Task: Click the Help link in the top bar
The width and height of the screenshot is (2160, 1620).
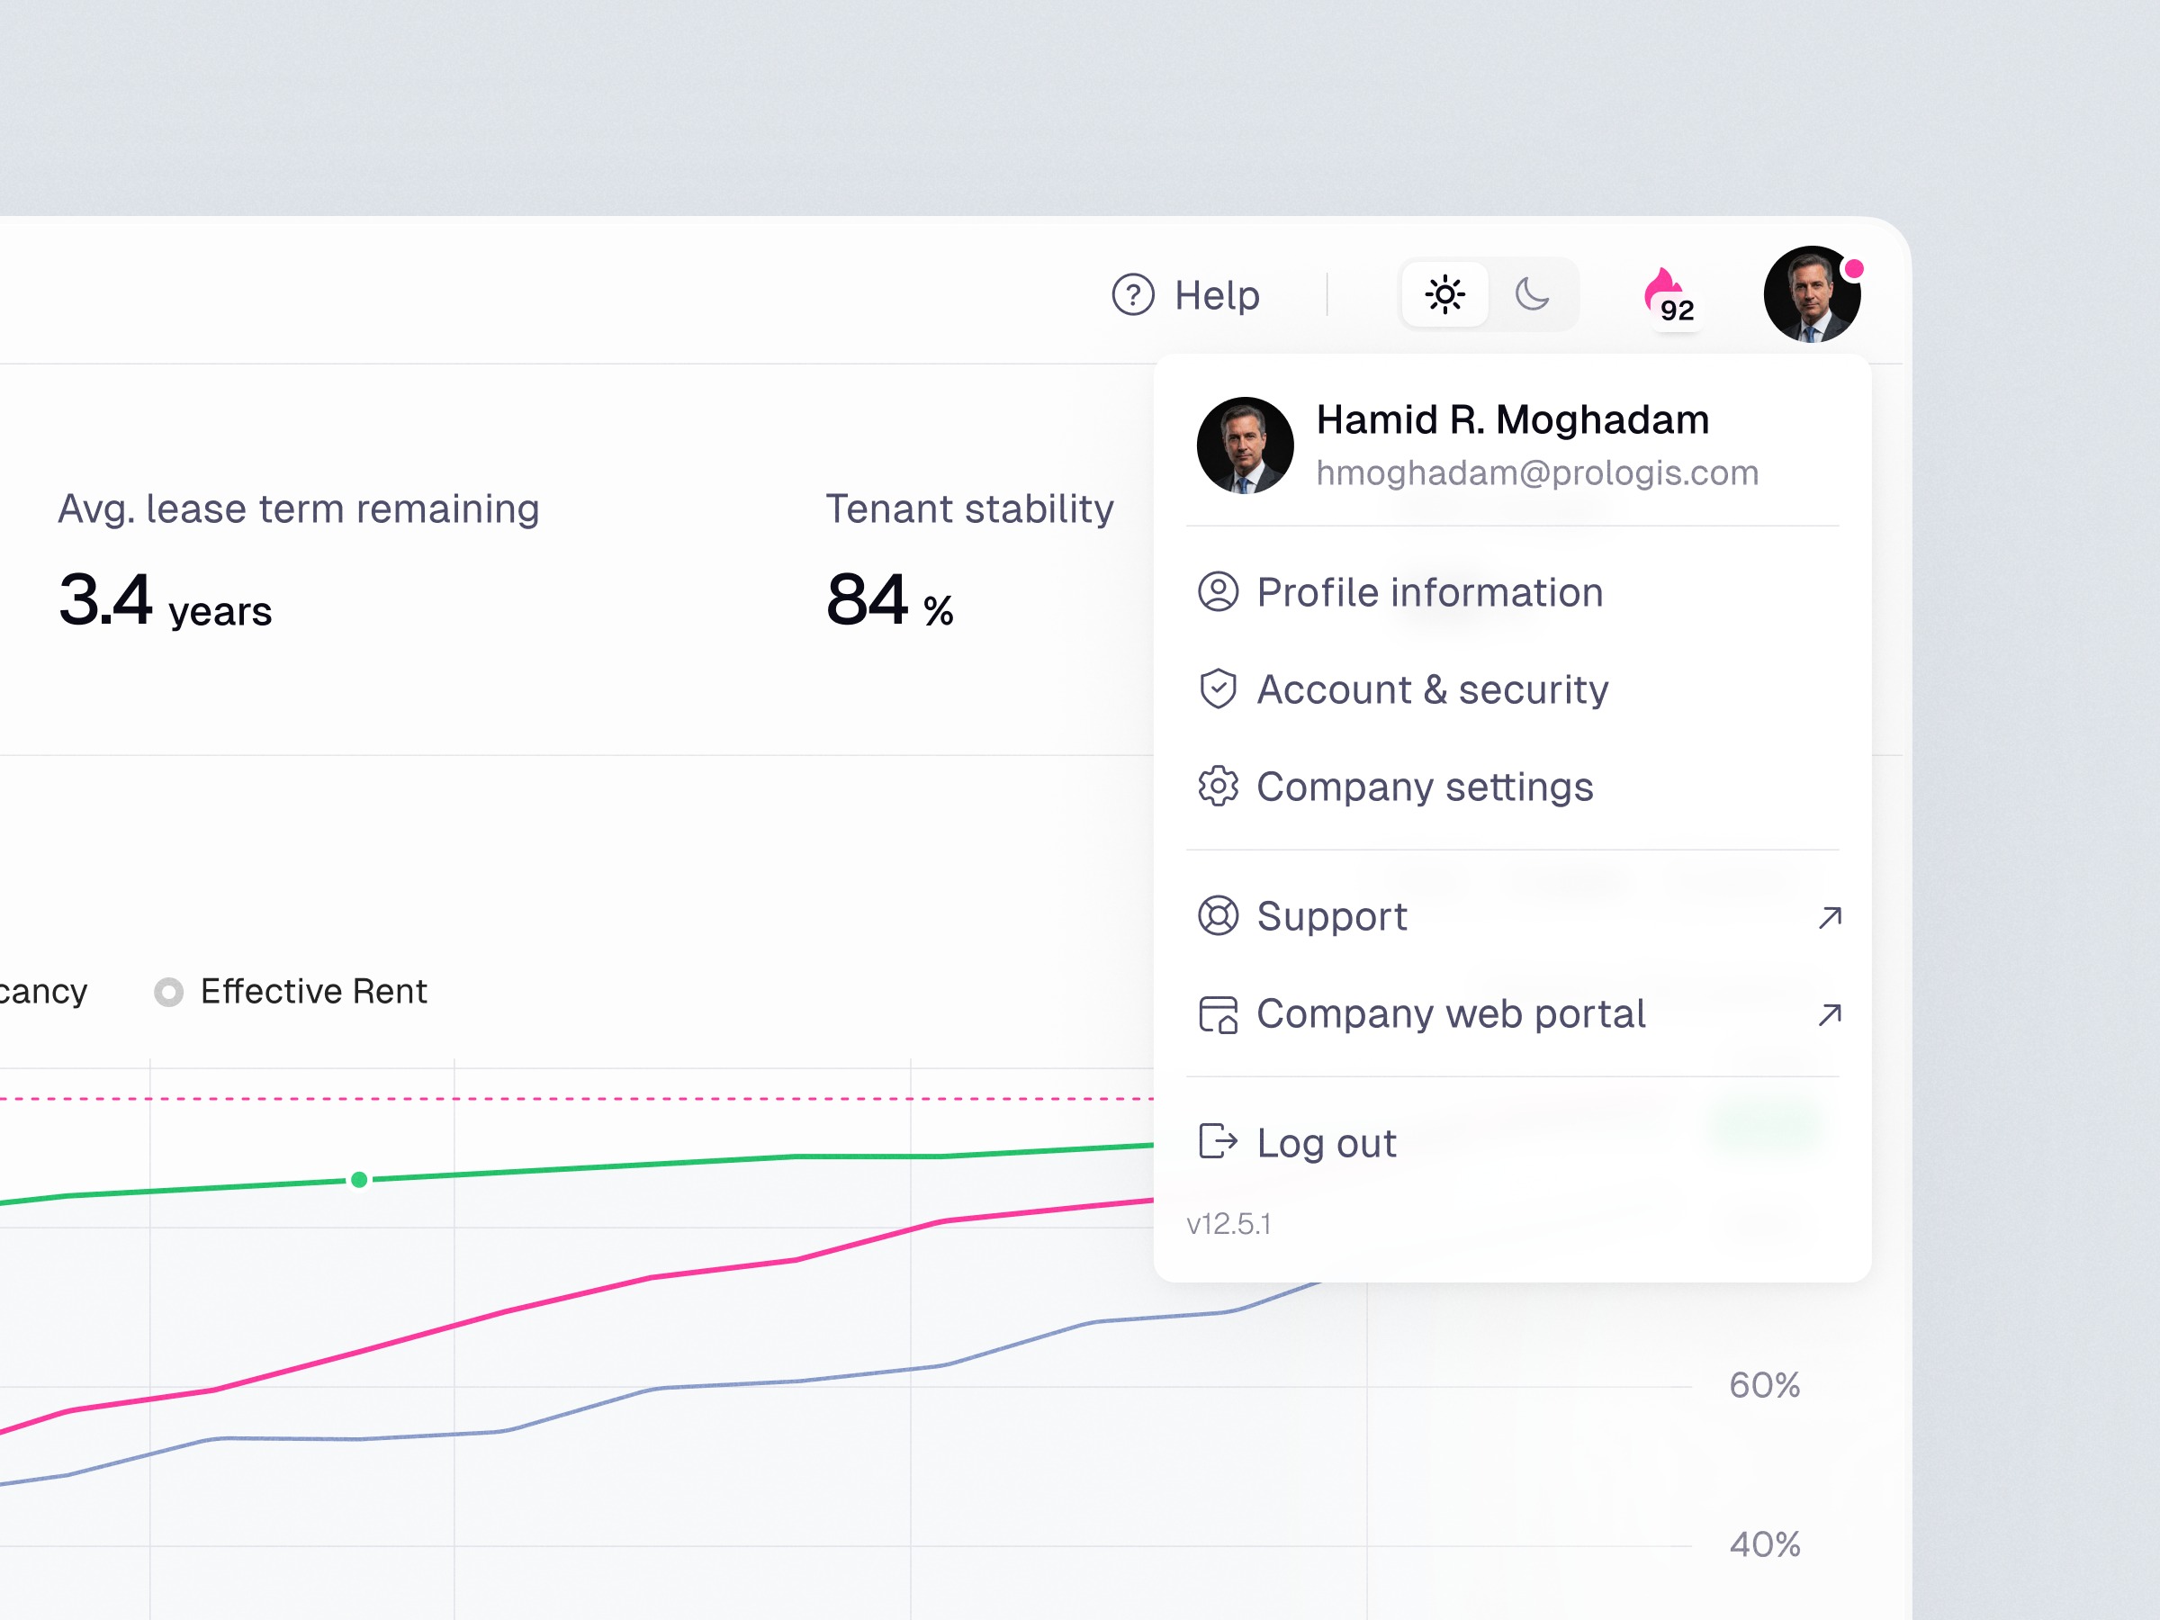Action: [1187, 295]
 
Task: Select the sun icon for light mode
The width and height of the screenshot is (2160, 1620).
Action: [1444, 294]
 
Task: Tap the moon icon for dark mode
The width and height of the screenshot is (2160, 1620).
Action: [1532, 294]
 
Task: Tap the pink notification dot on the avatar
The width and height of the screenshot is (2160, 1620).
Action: [1852, 268]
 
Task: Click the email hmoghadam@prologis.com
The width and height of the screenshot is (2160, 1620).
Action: [1537, 473]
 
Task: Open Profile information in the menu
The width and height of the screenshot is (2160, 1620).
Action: [1428, 593]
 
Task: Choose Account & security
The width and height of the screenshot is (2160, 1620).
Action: [1432, 690]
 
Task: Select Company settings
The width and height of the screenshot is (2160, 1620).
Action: [1424, 787]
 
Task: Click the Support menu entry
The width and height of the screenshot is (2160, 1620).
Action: [1331, 917]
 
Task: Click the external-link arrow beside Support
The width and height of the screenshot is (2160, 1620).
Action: [1830, 918]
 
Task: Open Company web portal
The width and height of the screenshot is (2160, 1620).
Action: [1450, 1014]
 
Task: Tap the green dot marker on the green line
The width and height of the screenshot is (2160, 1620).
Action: [359, 1180]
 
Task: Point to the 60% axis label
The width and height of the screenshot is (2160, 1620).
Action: [1763, 1386]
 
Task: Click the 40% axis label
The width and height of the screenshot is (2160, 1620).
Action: [1763, 1544]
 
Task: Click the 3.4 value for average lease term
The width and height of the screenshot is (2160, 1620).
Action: [105, 599]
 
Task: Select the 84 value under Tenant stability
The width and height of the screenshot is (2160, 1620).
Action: [867, 599]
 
